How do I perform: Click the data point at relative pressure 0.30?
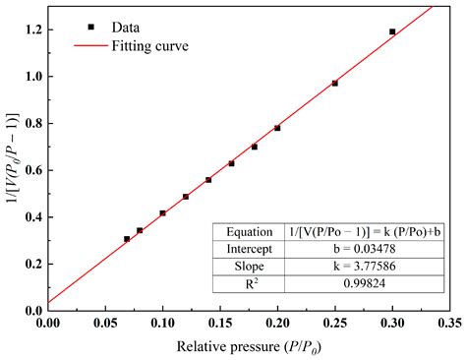(x=392, y=31)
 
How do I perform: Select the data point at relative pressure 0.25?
(x=334, y=84)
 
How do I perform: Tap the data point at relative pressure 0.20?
(x=277, y=128)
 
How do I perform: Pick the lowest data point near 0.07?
(x=127, y=239)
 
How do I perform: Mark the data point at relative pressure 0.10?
(x=162, y=213)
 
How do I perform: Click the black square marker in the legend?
(x=90, y=26)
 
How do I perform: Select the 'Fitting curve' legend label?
(x=149, y=45)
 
